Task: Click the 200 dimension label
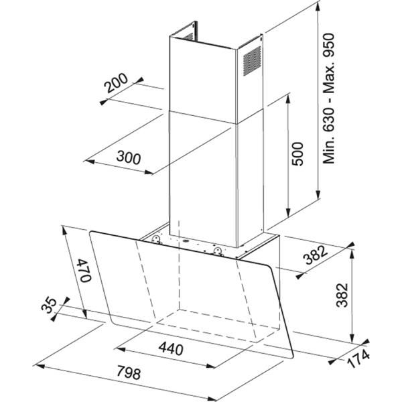click(x=117, y=83)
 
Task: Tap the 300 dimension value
click(x=129, y=157)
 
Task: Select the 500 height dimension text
click(x=297, y=154)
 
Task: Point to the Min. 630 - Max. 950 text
click(x=329, y=98)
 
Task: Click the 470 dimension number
click(x=84, y=270)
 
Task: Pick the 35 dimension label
click(x=49, y=305)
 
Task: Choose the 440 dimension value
click(x=171, y=348)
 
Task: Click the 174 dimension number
click(x=358, y=358)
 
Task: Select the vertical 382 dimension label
click(x=342, y=295)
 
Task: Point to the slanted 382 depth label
click(x=316, y=255)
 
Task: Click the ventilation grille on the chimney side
click(x=252, y=61)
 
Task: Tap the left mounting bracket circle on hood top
click(x=156, y=239)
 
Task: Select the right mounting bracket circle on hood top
click(x=218, y=250)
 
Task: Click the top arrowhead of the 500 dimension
click(x=288, y=99)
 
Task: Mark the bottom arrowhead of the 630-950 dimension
click(x=318, y=194)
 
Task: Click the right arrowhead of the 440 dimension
click(x=210, y=366)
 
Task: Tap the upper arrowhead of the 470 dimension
click(x=64, y=230)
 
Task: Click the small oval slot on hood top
click(x=185, y=241)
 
